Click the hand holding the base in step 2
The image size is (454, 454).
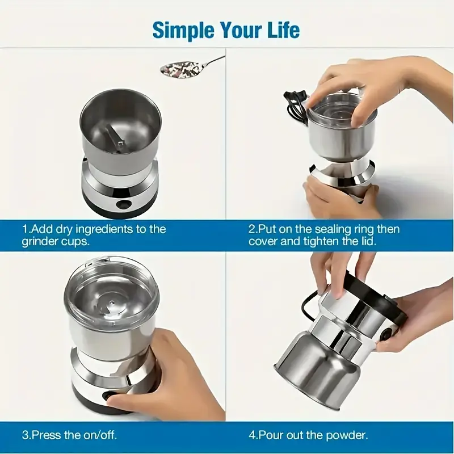tap(335, 199)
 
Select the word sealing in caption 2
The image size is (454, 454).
tap(318, 229)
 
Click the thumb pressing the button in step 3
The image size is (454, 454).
tap(122, 400)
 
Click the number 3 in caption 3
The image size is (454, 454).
tap(25, 436)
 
